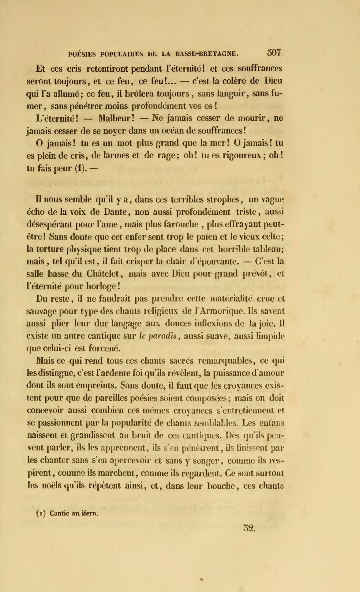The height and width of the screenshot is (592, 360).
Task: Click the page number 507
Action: click(274, 53)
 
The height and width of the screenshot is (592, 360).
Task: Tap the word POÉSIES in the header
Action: click(82, 54)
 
